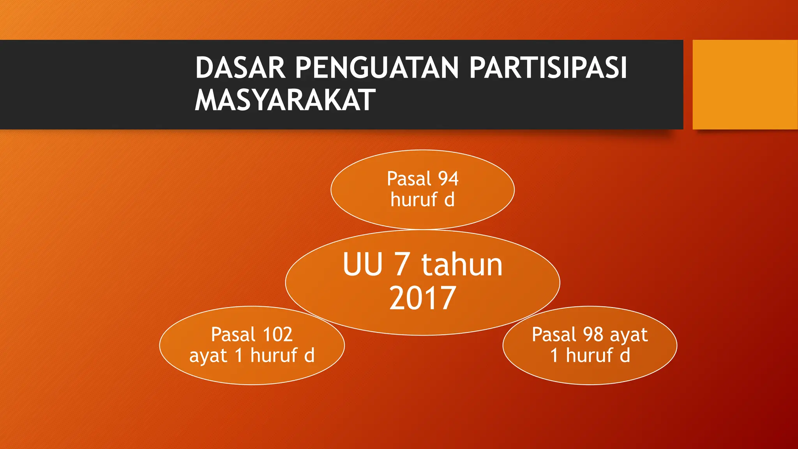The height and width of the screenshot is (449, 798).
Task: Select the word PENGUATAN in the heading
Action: coord(377,68)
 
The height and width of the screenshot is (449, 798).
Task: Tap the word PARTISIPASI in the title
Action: coord(548,68)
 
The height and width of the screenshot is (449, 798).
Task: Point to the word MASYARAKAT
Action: coord(285,100)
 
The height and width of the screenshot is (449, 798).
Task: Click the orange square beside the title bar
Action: coord(745,85)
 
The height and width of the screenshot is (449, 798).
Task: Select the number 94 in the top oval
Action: coord(448,179)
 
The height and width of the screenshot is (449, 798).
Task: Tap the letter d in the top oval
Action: coord(449,200)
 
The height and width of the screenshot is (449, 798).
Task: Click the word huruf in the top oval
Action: coord(414,200)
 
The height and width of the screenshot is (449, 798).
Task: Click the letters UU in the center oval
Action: coord(363,265)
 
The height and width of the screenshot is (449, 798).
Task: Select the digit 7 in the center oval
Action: coord(401,265)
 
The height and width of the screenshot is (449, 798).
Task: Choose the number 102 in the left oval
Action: coord(277,334)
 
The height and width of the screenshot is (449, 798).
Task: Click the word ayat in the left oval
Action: coord(208,356)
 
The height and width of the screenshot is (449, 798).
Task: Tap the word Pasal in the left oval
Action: coord(233,334)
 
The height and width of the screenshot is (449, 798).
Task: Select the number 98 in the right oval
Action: coord(593,334)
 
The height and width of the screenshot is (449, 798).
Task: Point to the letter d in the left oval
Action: coord(309,355)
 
